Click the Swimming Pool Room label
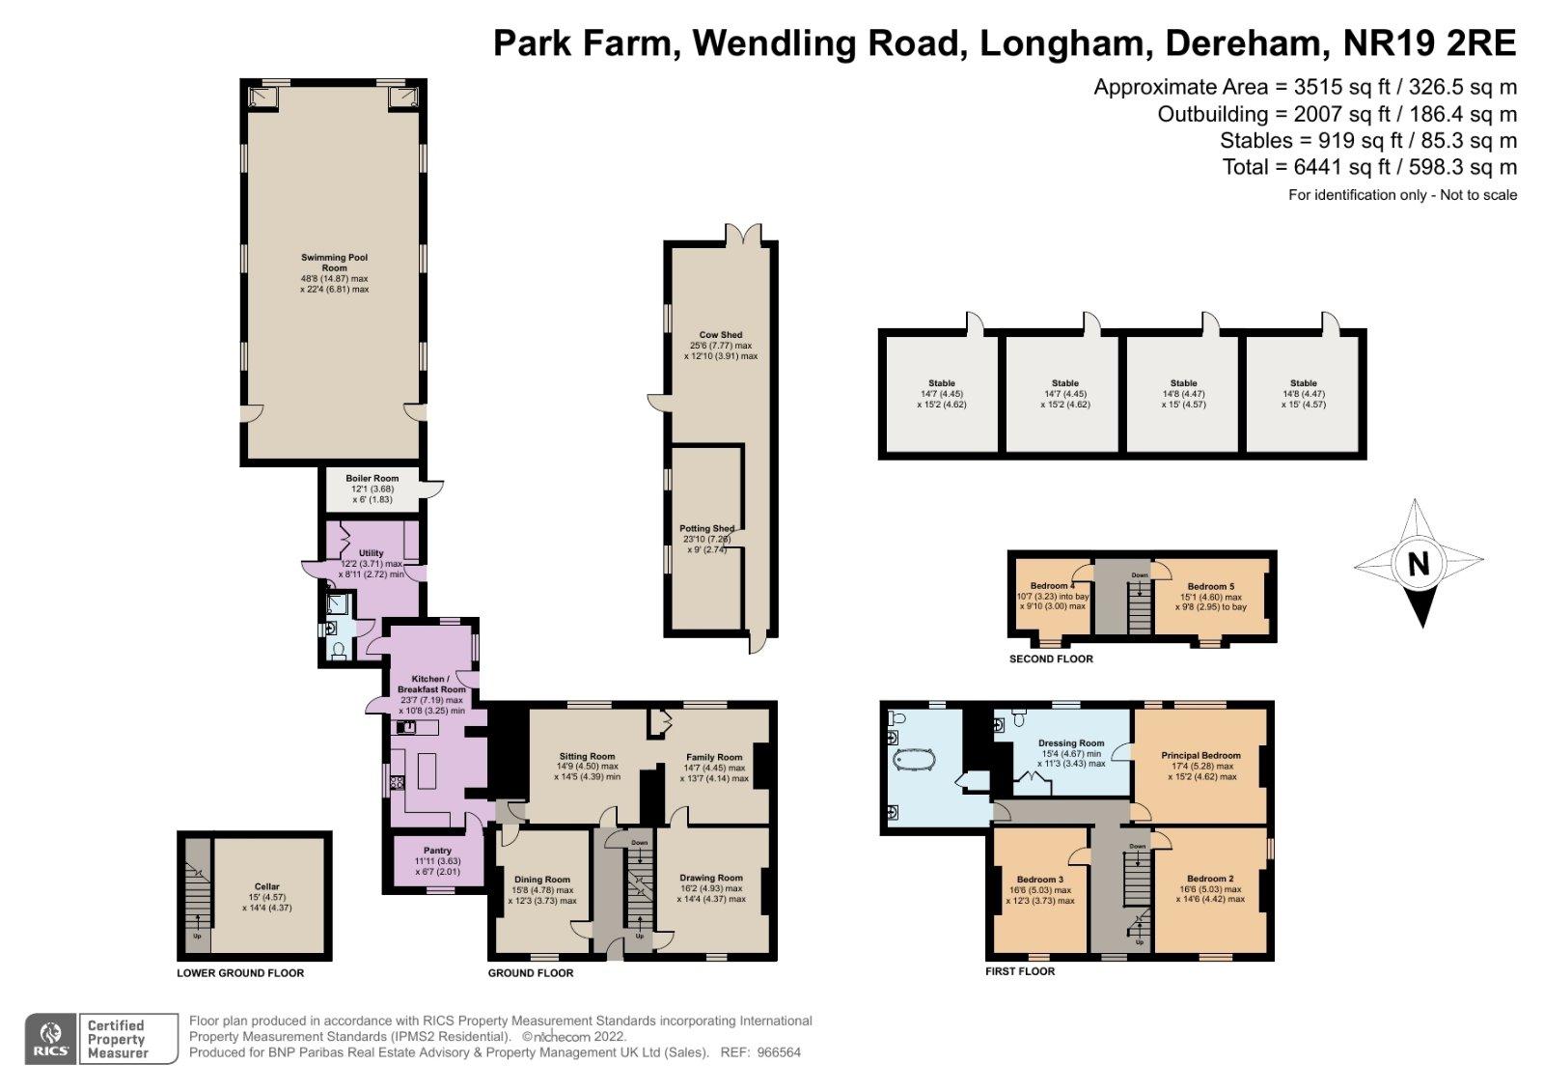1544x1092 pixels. coord(334,263)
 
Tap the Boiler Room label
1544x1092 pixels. coord(372,478)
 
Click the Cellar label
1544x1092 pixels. coord(267,886)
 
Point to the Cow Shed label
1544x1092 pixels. coord(721,335)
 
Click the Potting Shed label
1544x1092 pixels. coord(706,529)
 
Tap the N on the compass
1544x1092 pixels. coord(1418,564)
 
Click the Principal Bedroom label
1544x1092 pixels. coord(1200,756)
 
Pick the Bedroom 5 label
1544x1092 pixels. coord(1210,586)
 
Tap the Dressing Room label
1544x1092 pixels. coord(1071,743)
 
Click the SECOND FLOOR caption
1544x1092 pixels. coord(1051,659)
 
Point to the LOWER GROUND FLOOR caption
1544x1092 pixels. coord(240,973)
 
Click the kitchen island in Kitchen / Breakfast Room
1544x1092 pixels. coord(427,770)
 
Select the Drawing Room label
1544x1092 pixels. coord(711,879)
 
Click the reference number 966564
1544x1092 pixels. coord(778,1052)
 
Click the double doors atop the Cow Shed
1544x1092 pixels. coord(743,235)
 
